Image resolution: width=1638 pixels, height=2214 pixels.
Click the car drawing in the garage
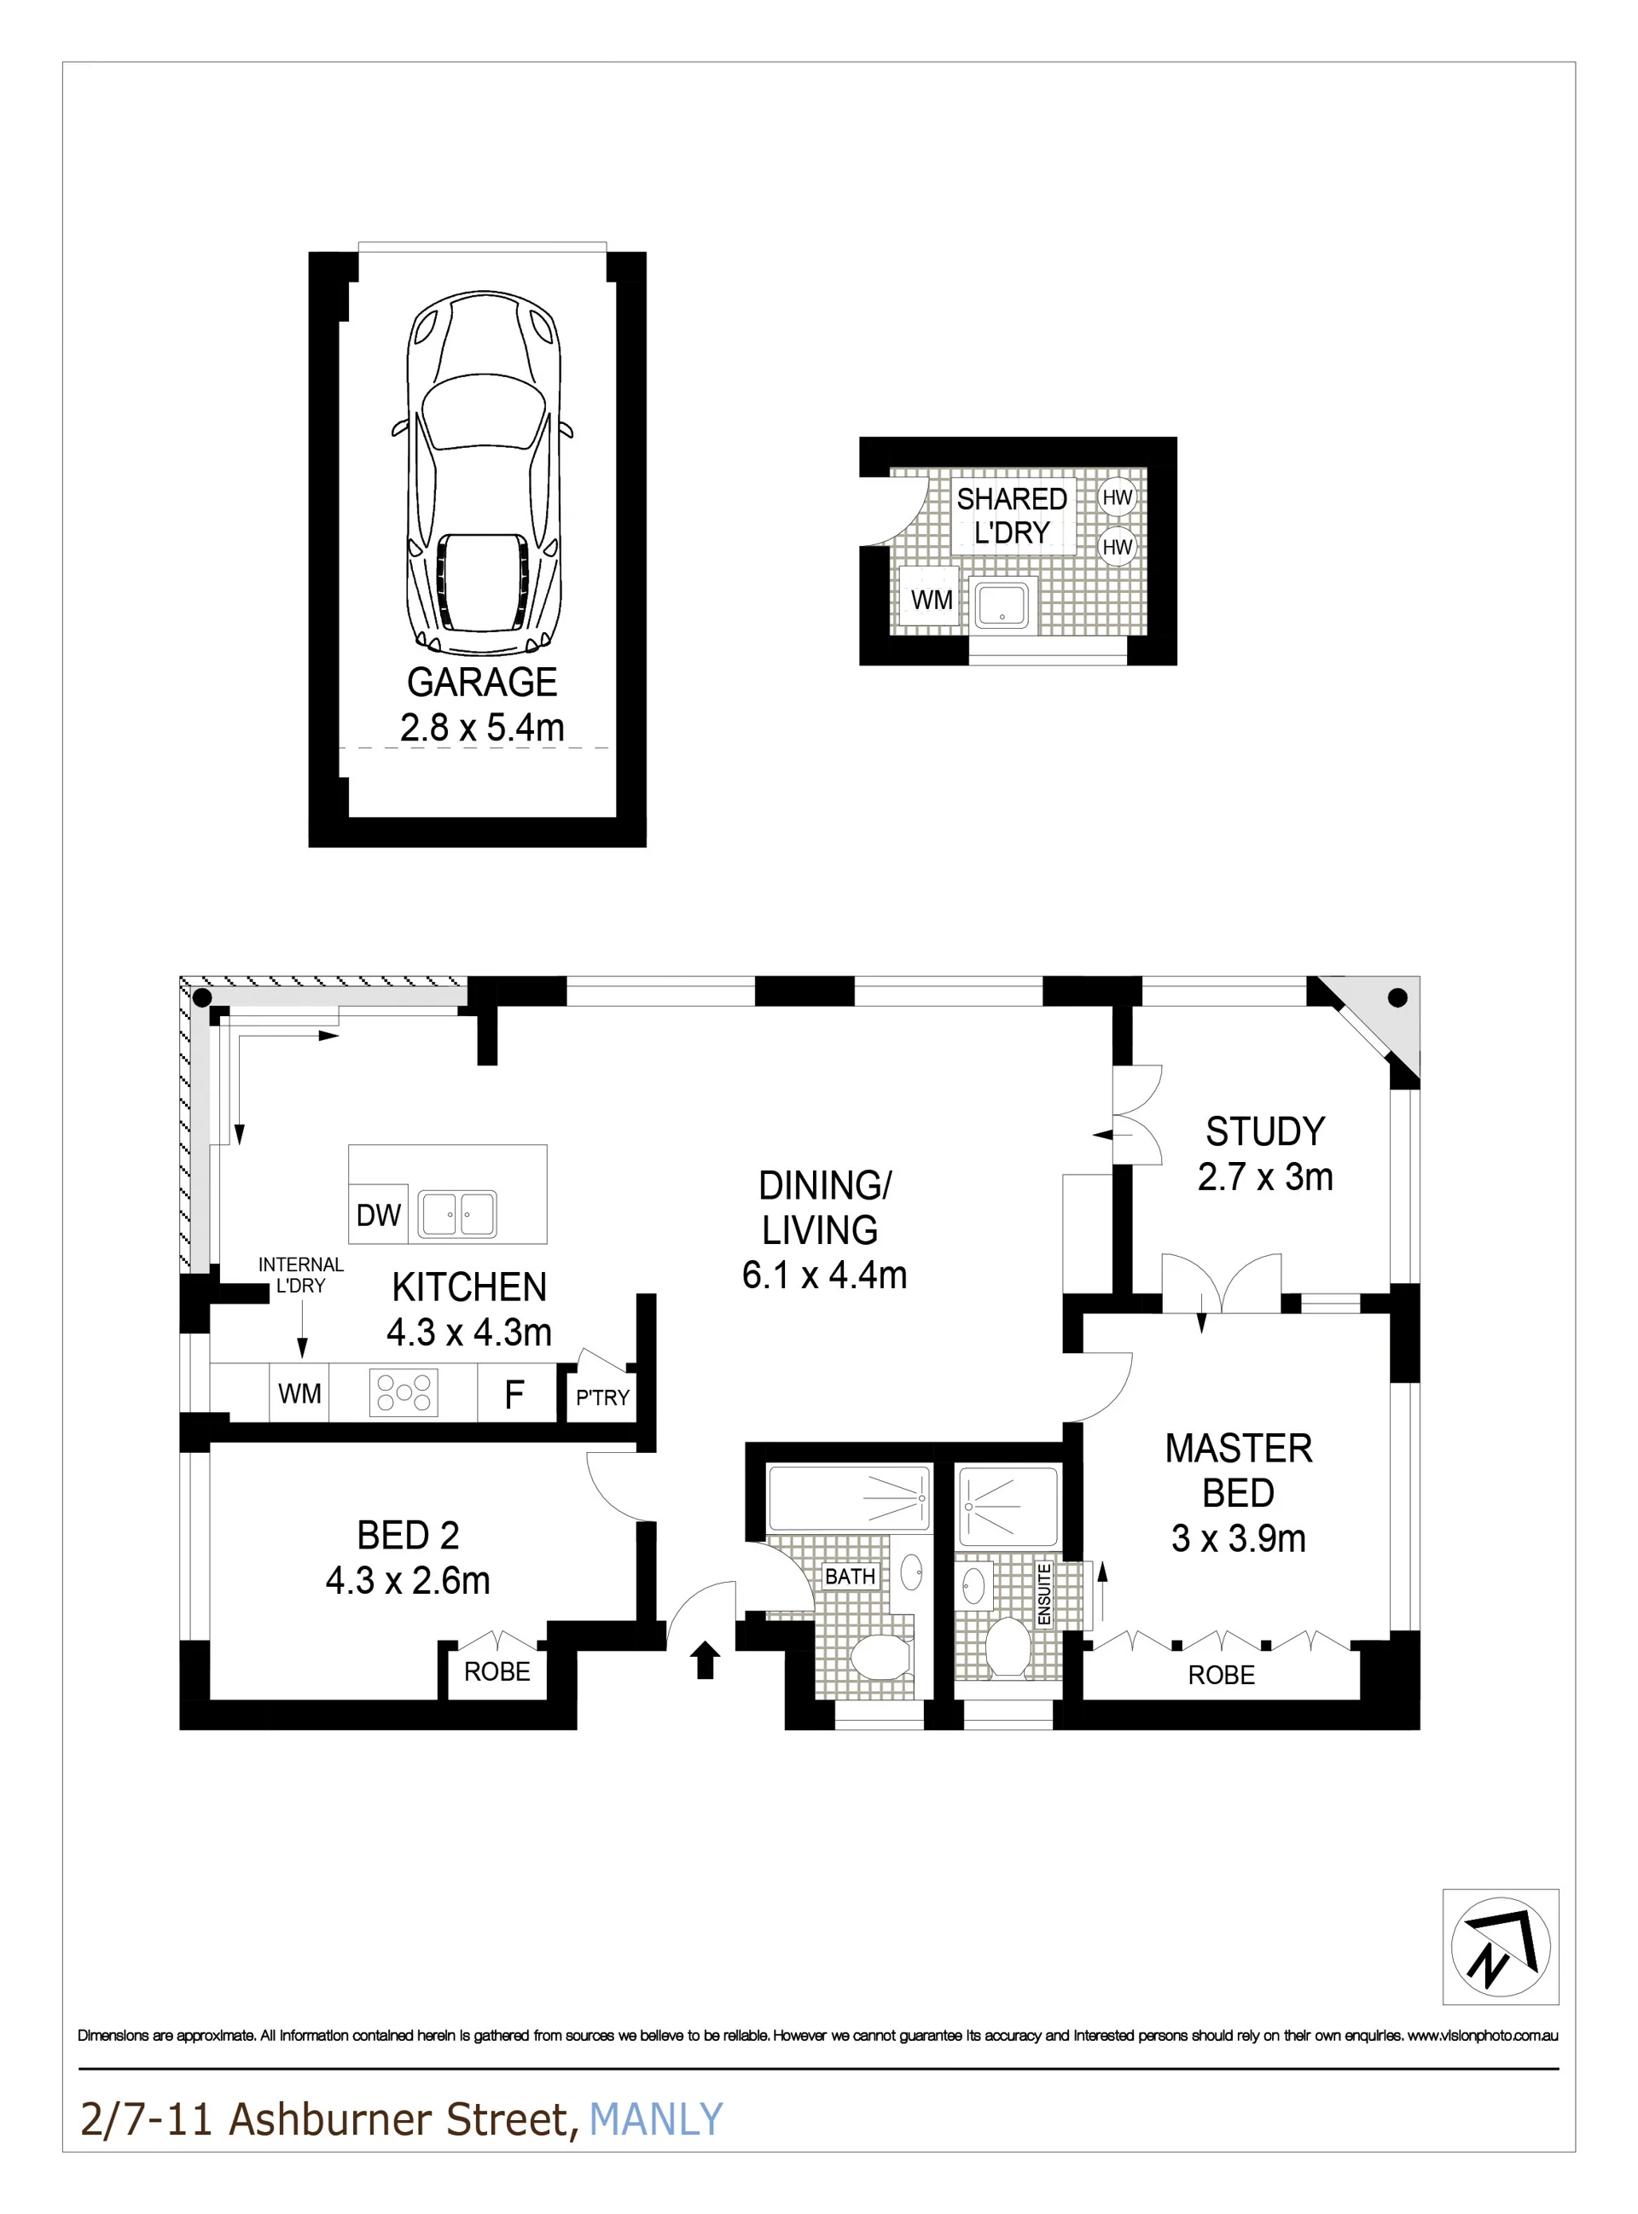(483, 473)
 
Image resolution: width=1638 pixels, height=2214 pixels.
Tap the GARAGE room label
(482, 683)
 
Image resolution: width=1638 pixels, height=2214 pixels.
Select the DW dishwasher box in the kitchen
(378, 1215)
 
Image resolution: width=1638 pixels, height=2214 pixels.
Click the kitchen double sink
(458, 1213)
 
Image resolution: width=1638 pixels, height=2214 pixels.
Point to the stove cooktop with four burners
(404, 1391)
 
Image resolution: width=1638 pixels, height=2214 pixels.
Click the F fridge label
(514, 1395)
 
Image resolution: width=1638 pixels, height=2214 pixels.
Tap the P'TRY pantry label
(603, 1398)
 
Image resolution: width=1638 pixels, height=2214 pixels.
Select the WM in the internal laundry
(299, 1394)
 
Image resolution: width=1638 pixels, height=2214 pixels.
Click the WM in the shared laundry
(931, 600)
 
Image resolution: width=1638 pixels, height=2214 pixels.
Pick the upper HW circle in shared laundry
(1118, 497)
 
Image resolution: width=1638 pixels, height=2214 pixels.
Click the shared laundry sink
(1002, 604)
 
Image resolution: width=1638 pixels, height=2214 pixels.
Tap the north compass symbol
(1500, 1946)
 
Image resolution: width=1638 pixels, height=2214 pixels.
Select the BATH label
(850, 1577)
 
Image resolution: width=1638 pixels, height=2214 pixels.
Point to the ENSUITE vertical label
(1044, 1595)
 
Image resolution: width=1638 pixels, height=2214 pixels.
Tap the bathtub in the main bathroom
(850, 1498)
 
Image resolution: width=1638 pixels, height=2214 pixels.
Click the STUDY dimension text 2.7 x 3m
(1265, 1177)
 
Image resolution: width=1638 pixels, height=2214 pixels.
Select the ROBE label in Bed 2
(497, 1671)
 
